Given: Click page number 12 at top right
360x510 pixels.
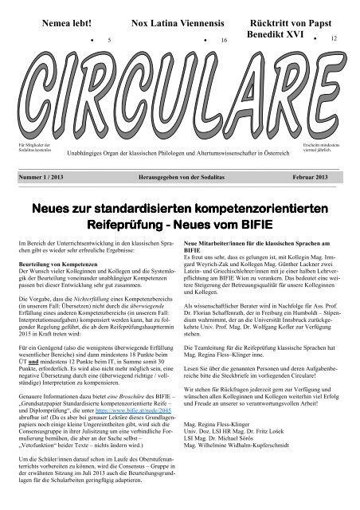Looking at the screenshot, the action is (x=335, y=37).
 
